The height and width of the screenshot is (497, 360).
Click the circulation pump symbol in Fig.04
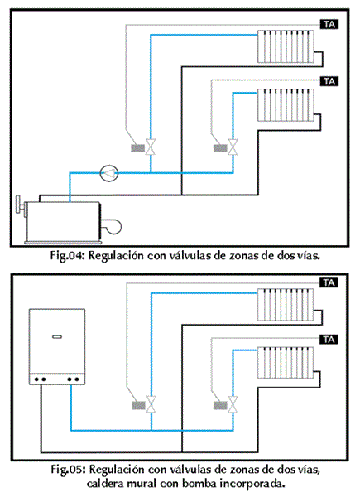click(109, 173)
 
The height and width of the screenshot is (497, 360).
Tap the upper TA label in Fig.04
click(329, 24)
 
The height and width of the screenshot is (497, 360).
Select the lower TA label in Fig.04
click(329, 81)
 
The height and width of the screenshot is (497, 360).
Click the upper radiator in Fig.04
click(286, 46)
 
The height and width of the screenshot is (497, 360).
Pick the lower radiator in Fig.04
click(286, 105)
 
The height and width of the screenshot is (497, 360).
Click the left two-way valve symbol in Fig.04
click(151, 147)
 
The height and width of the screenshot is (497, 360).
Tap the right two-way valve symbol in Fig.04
click(233, 147)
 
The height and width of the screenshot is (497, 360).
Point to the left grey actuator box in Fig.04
click(138, 148)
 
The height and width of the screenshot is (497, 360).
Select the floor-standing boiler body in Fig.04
click(63, 221)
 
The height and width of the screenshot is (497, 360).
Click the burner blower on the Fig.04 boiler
click(112, 226)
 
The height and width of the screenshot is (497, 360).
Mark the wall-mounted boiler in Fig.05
click(57, 347)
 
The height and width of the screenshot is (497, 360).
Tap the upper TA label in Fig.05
click(329, 282)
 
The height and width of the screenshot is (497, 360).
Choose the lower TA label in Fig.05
click(329, 340)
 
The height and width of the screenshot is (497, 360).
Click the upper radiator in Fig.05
click(286, 305)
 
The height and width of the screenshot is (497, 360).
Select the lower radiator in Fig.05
click(286, 363)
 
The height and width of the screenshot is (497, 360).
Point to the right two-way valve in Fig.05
click(233, 404)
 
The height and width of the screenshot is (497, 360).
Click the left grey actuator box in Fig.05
click(138, 405)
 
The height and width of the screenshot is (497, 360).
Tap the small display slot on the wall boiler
click(57, 336)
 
